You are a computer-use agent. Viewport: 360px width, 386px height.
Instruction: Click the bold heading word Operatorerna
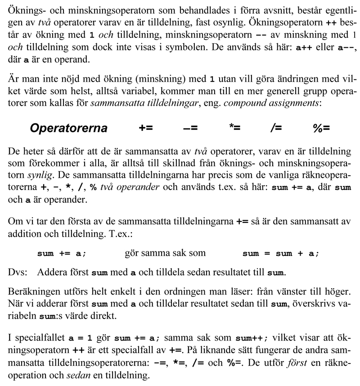coord(68,128)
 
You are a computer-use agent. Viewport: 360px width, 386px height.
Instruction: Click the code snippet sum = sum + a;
coord(280,254)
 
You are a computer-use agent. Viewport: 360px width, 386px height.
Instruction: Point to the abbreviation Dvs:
coord(18,272)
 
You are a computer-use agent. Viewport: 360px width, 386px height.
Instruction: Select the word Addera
coord(51,272)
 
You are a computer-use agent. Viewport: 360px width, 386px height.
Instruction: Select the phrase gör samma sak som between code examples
coord(165,253)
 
